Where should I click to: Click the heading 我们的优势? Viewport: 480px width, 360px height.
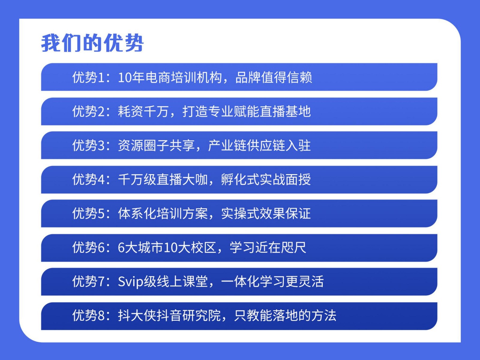[x=92, y=43]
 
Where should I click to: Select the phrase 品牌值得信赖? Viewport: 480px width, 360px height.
[x=274, y=77]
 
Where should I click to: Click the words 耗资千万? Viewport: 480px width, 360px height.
[x=143, y=111]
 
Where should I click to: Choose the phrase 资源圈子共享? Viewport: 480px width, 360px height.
[x=156, y=145]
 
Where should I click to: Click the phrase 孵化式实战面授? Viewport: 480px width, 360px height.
[x=266, y=180]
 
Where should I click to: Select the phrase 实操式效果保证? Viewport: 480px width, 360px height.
[x=266, y=213]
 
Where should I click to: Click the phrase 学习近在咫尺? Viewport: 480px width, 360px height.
[x=268, y=247]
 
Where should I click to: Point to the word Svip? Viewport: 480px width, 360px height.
[x=130, y=282]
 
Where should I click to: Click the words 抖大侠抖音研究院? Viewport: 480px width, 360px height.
[x=169, y=315]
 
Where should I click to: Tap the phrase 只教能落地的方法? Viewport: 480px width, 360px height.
[x=285, y=315]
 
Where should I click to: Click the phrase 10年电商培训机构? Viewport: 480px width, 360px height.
[x=170, y=77]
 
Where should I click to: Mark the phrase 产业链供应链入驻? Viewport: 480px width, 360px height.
[x=259, y=145]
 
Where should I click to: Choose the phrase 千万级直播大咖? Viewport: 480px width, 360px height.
[x=163, y=180]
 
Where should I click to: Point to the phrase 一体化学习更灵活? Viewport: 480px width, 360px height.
[x=272, y=281]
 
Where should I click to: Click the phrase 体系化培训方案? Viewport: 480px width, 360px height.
[x=163, y=213]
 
